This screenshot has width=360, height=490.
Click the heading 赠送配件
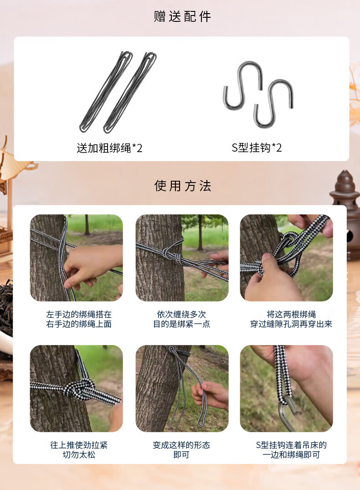(182, 16)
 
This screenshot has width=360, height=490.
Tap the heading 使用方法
(182, 186)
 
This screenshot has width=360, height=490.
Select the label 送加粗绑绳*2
(109, 148)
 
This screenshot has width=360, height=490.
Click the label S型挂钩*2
(257, 148)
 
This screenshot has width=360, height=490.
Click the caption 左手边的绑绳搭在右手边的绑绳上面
(79, 319)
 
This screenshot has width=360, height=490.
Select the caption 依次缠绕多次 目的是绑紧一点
(181, 319)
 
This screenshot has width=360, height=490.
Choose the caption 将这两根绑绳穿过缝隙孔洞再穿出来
(291, 319)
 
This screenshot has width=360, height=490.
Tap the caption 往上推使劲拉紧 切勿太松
(79, 449)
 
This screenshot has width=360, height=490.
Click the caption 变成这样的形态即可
(181, 449)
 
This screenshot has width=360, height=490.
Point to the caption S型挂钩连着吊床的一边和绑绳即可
(291, 449)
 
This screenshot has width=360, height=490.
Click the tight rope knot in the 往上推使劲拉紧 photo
(79, 388)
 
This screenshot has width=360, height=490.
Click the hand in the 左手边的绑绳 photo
(91, 265)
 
